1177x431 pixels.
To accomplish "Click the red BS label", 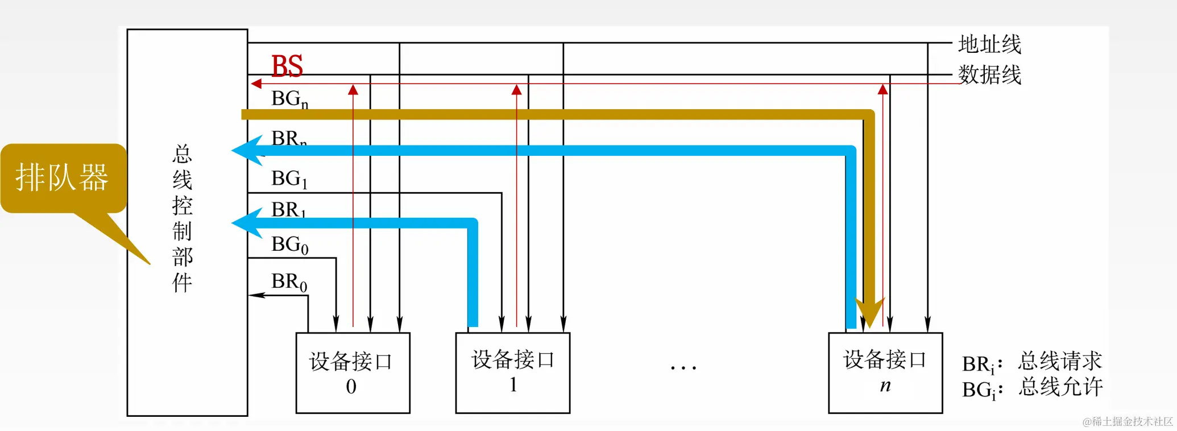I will point(287,67).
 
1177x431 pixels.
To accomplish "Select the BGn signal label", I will point(289,99).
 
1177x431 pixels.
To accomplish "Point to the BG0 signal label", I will point(289,244).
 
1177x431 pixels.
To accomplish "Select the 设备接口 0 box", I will point(353,372).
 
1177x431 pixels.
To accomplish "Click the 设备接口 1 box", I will point(512,372).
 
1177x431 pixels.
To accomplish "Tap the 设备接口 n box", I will point(885,372).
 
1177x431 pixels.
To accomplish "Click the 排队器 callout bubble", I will point(63,178).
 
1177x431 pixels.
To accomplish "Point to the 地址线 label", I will point(989,44).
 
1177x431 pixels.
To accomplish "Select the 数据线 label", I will point(989,74).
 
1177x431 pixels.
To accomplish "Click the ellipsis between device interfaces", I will point(683,368).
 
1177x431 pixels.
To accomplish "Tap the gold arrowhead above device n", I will point(869,313).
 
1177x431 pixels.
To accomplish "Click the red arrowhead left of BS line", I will point(256,84).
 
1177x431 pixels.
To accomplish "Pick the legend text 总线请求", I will point(1060,361).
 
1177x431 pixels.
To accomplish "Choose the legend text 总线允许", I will point(1060,387).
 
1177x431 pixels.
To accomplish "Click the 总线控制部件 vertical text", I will point(183,218).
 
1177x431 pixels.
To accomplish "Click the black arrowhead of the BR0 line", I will point(256,295).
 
